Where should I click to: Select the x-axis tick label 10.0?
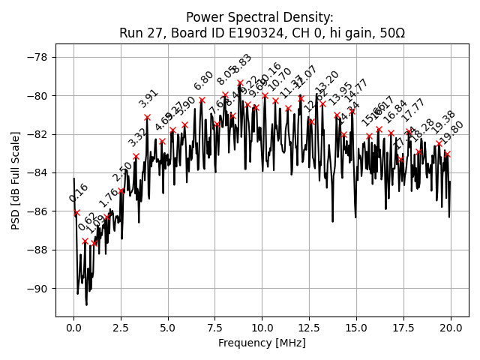262,328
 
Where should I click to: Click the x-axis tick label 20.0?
450,328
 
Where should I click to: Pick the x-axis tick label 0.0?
73,328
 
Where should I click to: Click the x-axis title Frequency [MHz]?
262,343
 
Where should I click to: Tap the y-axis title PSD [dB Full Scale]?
16,180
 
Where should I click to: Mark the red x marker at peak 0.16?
76,212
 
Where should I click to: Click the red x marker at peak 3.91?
147,118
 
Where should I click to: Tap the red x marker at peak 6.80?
202,100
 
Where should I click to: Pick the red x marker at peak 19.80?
447,154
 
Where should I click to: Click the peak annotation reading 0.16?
79,193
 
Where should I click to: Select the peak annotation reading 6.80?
204,81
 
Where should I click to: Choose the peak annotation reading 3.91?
149,98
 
